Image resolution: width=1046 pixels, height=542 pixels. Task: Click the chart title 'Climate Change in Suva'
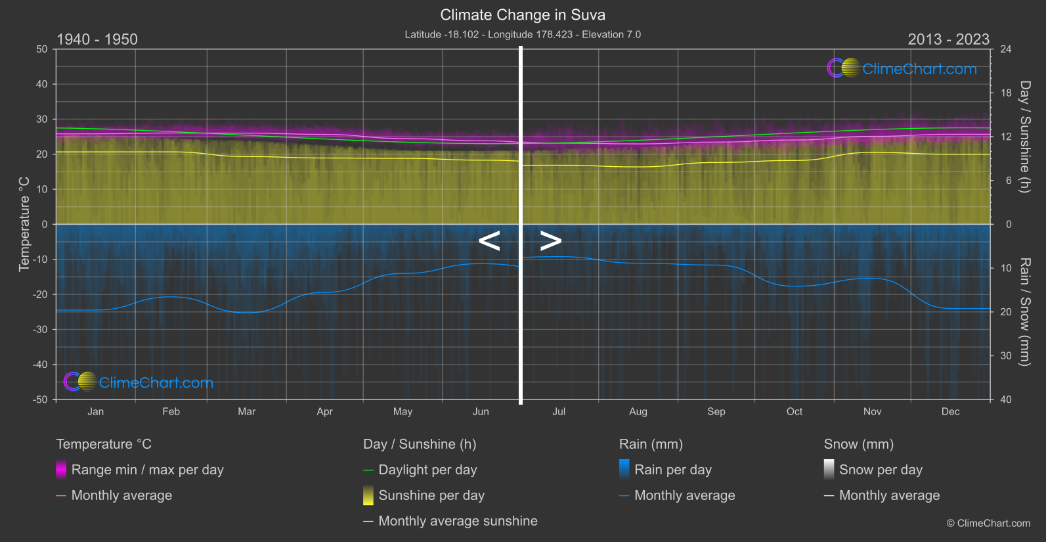click(x=523, y=15)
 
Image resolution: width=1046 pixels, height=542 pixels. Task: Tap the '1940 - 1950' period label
click(x=97, y=39)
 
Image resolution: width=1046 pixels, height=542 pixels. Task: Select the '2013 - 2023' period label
click(x=948, y=39)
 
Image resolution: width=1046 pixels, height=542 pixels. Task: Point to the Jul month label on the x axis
click(x=559, y=412)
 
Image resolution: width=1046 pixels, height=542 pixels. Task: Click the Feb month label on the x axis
click(x=171, y=412)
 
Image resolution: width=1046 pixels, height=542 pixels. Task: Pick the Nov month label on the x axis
click(x=872, y=412)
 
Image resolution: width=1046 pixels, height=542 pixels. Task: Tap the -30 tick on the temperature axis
click(x=41, y=330)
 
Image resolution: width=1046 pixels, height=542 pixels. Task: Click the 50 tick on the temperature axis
click(x=42, y=49)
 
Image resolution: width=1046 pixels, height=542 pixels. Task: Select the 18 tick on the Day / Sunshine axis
click(x=1006, y=93)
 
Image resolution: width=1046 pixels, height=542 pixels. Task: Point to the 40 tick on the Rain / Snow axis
click(x=1006, y=399)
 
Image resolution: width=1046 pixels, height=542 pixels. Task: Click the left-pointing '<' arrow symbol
click(x=489, y=241)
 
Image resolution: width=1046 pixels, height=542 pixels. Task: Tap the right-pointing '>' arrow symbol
click(x=551, y=241)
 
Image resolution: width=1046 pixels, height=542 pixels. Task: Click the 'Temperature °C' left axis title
click(x=24, y=224)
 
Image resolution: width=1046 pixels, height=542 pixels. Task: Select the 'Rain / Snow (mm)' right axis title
click(x=1024, y=312)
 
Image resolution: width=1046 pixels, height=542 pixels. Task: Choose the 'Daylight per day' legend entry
click(x=427, y=470)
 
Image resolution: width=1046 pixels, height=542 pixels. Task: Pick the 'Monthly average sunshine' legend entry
click(x=458, y=521)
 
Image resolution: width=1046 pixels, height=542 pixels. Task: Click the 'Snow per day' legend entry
click(x=881, y=470)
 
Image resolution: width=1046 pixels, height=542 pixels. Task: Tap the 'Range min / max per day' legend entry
click(x=147, y=470)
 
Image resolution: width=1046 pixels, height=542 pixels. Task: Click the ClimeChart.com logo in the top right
click(x=902, y=68)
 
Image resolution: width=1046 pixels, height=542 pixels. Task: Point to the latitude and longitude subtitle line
click(x=523, y=34)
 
